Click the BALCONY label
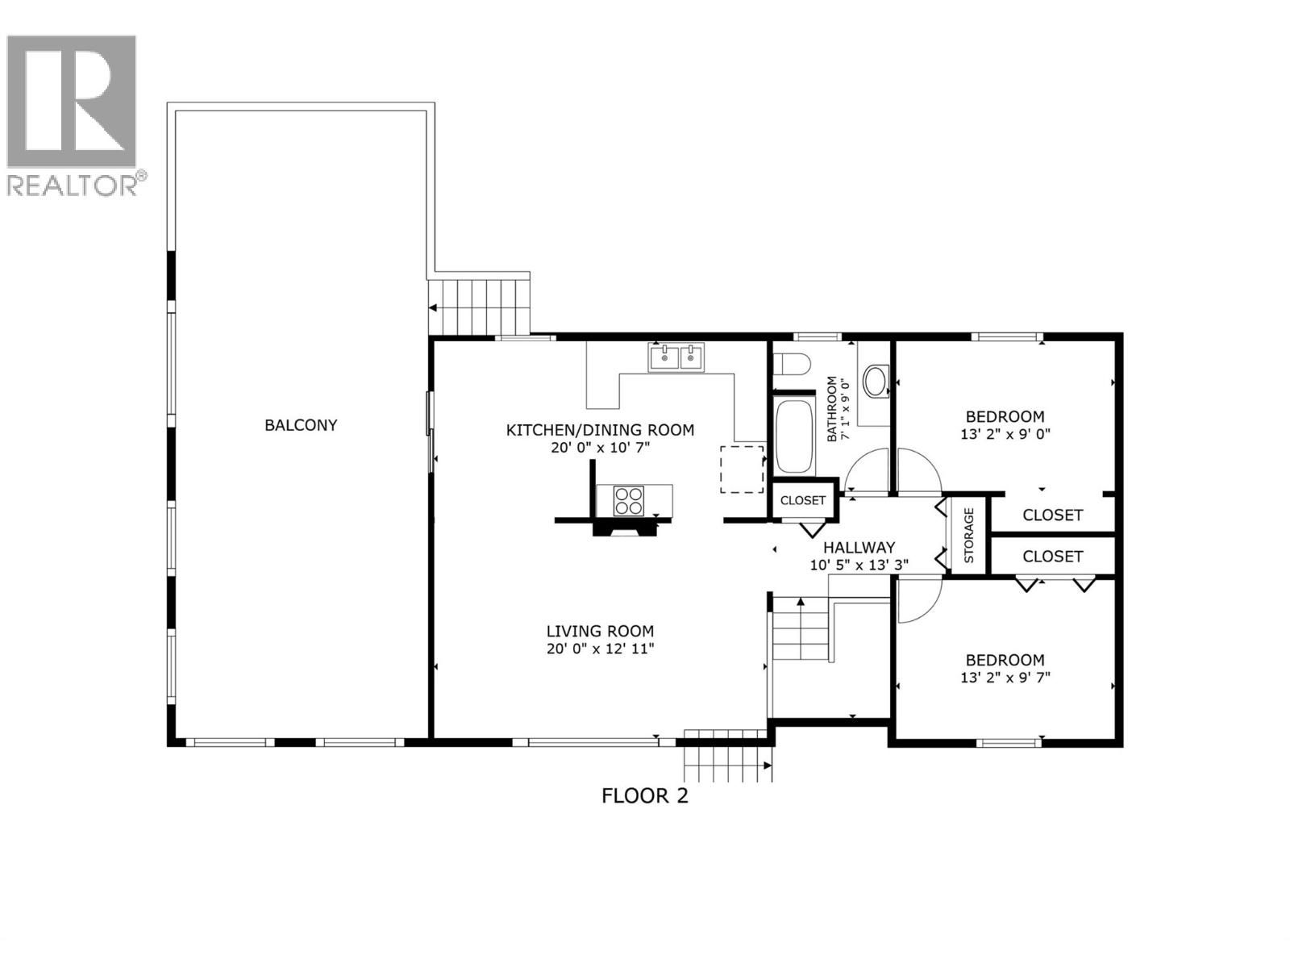click(301, 425)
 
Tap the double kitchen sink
click(676, 357)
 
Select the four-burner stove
click(629, 500)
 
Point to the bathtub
click(794, 436)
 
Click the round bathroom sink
click(874, 381)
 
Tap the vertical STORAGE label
click(969, 535)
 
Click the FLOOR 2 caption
click(645, 796)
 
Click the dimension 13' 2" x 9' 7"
click(1005, 678)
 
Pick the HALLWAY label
click(859, 548)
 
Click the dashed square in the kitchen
click(742, 469)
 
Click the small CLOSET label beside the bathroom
click(803, 500)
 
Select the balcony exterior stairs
click(479, 306)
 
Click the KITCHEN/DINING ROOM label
click(600, 430)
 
